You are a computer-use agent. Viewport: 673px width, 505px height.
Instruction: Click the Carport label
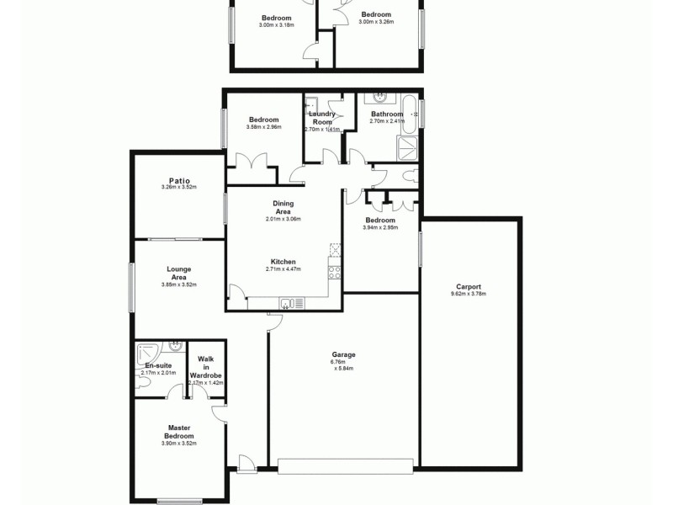point(469,286)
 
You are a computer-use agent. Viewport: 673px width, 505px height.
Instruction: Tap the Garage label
point(338,354)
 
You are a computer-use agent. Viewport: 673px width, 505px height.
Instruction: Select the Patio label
point(178,180)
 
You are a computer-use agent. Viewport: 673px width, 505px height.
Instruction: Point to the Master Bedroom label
point(179,432)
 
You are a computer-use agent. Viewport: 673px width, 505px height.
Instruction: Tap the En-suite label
point(158,366)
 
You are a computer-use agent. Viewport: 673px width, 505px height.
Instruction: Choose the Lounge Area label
point(178,274)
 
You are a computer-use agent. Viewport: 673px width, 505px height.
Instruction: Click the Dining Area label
point(283,208)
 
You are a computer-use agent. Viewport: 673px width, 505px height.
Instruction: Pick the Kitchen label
point(283,261)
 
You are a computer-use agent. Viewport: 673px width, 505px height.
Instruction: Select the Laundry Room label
point(321,118)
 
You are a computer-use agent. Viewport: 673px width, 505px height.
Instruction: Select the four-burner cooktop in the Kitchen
point(334,272)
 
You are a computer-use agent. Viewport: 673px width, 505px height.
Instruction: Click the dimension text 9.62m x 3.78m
point(469,294)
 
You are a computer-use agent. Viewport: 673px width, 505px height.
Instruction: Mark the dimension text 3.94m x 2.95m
point(380,227)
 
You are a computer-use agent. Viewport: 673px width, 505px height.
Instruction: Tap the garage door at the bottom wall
point(345,465)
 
